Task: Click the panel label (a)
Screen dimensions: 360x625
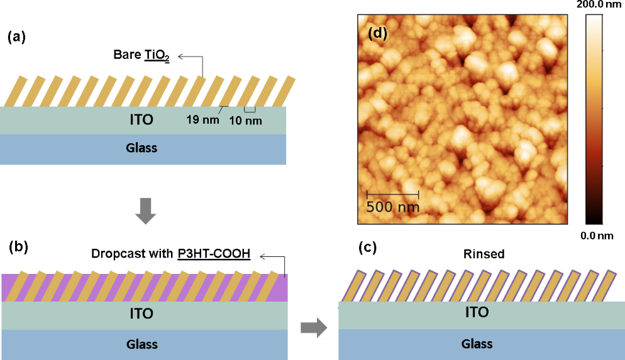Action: coord(16,37)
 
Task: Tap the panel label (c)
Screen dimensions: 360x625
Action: coord(368,247)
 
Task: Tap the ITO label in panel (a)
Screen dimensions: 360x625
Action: coord(141,119)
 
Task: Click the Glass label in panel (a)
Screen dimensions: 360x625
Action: coord(141,148)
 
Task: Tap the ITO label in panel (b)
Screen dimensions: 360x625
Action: coord(141,313)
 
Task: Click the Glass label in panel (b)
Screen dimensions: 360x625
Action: coord(141,344)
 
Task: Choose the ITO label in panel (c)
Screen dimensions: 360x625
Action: coord(477,312)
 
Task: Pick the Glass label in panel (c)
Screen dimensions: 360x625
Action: coord(477,344)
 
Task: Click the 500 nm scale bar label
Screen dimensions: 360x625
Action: coord(392,205)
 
